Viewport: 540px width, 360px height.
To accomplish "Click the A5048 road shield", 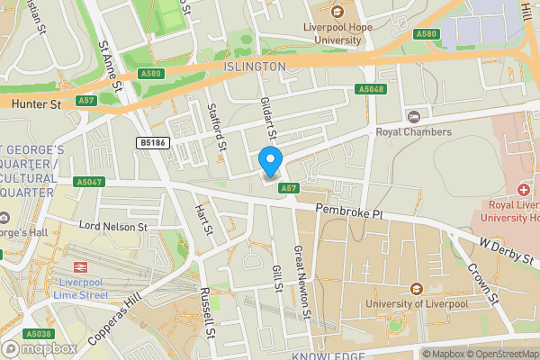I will tap(371, 89).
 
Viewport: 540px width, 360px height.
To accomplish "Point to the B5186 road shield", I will tap(152, 142).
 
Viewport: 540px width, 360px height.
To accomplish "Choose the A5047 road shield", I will tap(88, 181).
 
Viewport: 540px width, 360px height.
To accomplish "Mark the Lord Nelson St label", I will tap(112, 227).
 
